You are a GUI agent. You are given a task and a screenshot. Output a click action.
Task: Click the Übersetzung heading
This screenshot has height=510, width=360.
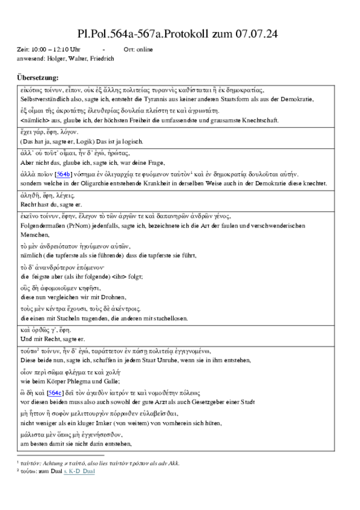(x=38, y=78)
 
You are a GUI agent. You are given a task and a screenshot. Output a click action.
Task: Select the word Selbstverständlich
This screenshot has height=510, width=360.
(x=44, y=99)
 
